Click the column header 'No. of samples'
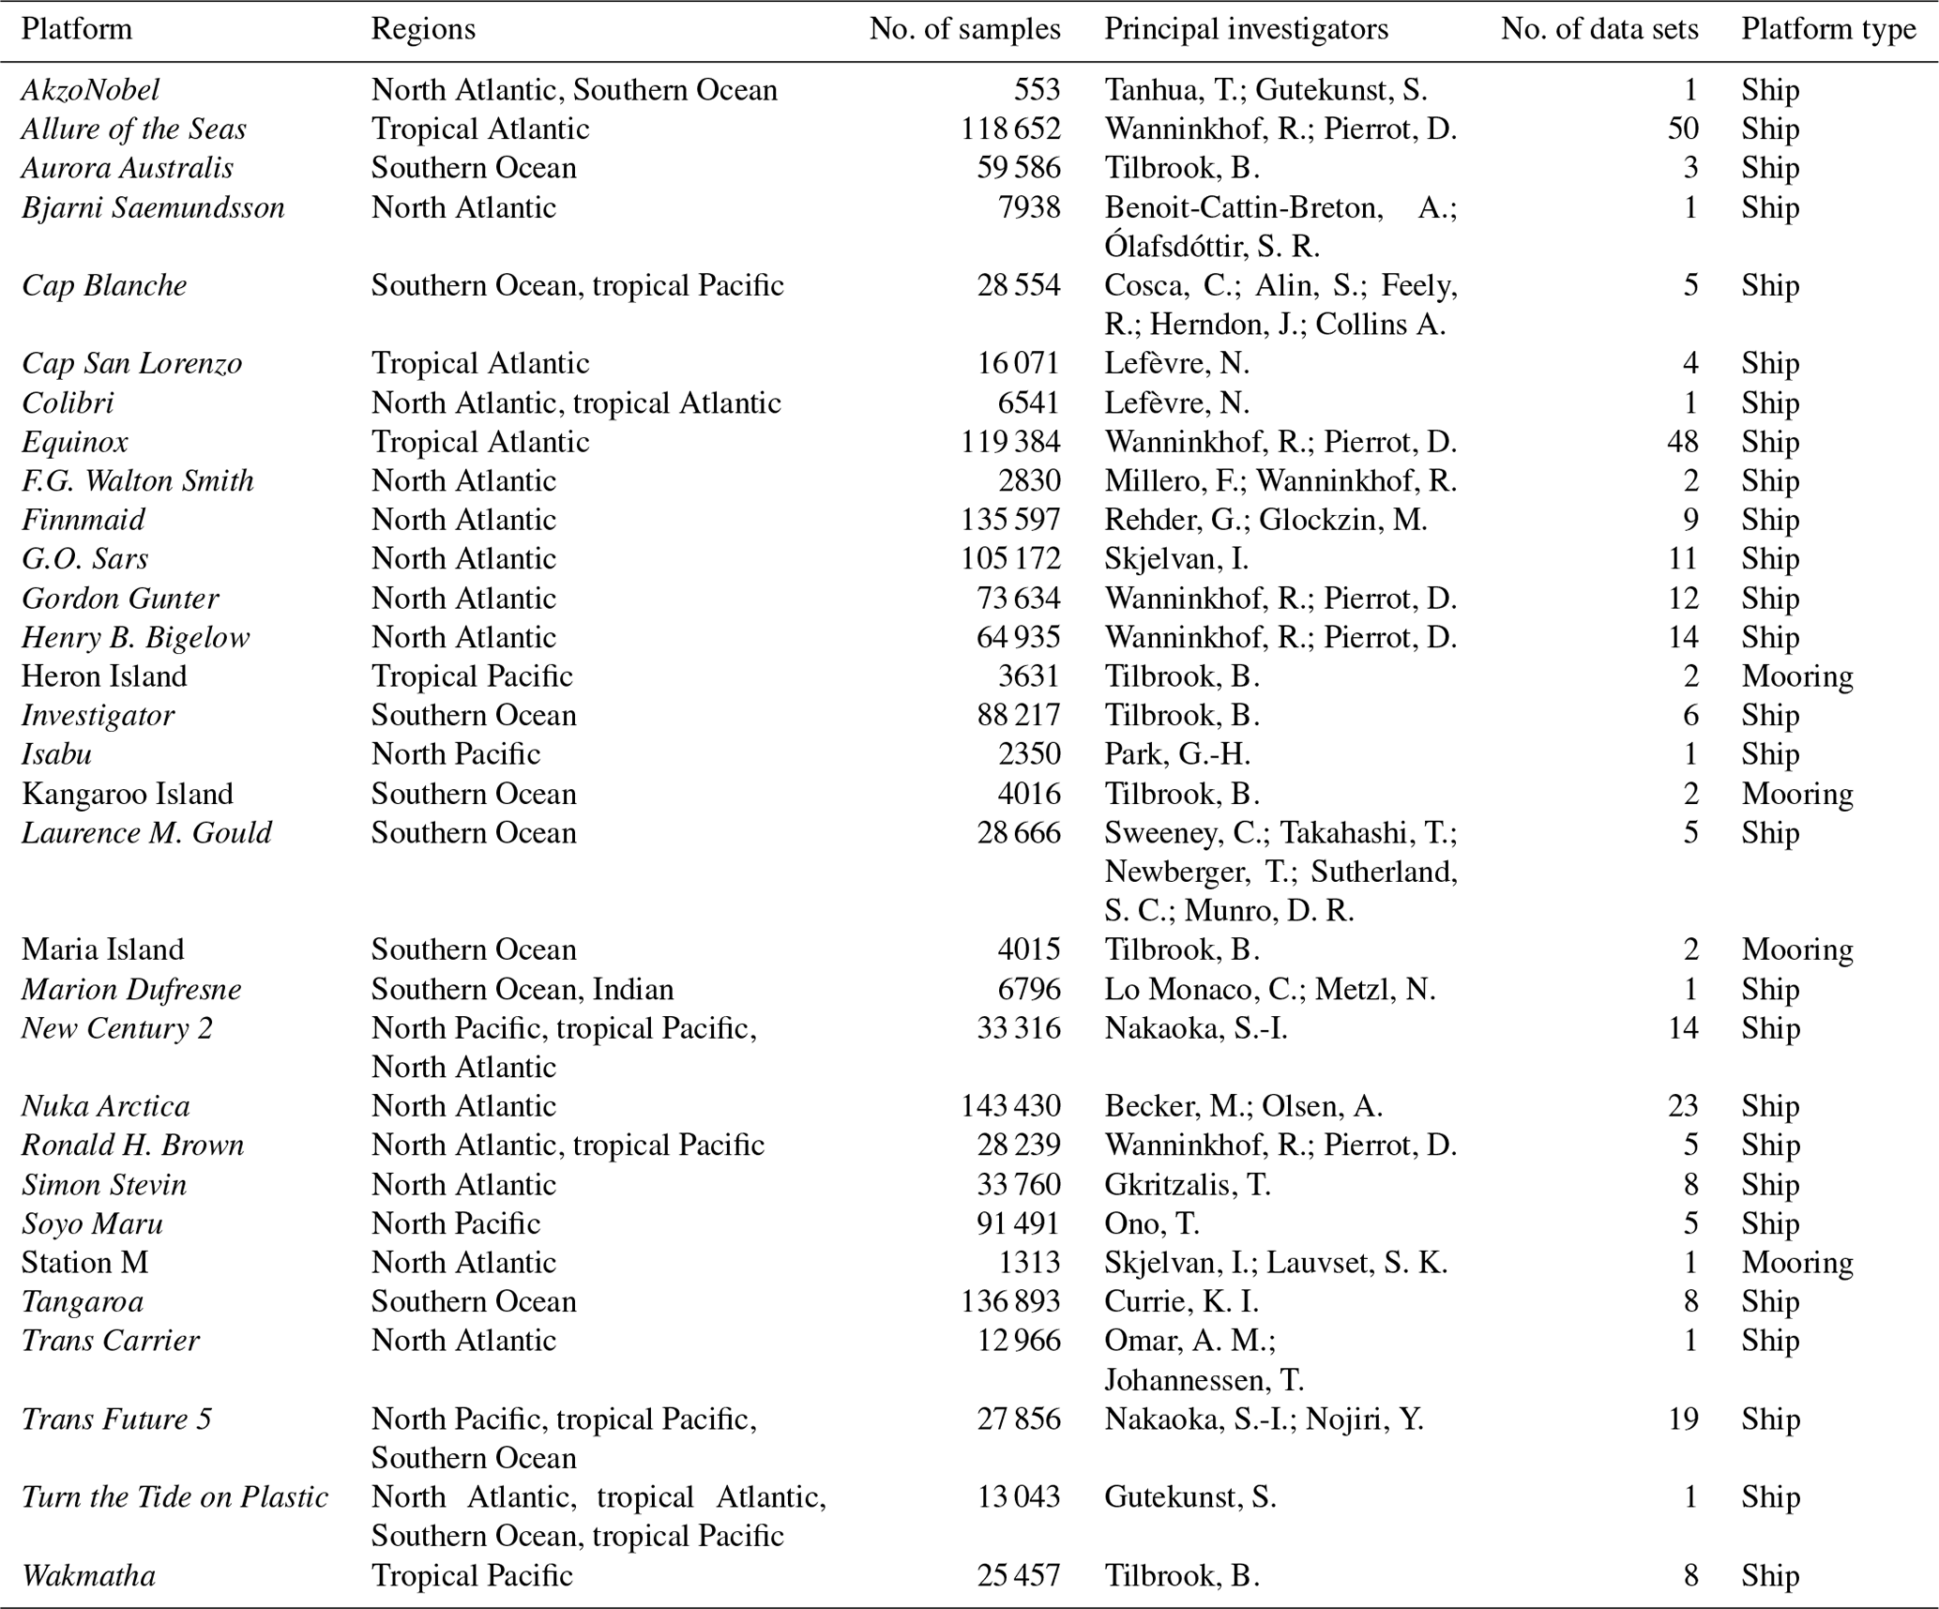964,29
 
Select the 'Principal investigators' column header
1246,29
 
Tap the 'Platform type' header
1828,29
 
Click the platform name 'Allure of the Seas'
134,129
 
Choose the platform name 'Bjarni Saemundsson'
153,207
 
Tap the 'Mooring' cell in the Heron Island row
1797,676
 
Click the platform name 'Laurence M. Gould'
147,833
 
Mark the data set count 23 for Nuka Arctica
1683,1106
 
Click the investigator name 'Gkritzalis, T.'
1188,1185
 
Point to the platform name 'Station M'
85,1263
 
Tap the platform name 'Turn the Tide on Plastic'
175,1497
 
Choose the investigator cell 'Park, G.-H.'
1177,754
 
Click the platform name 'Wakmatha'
89,1575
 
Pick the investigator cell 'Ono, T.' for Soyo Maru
1152,1223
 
